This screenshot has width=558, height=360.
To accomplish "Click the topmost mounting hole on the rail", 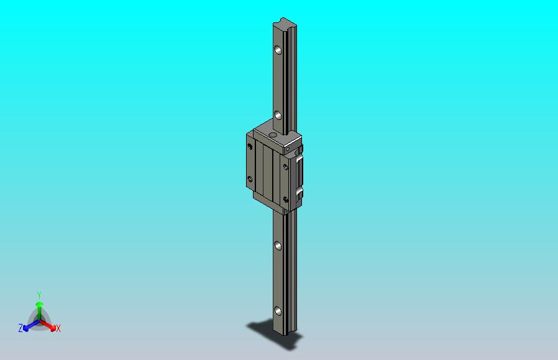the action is (x=278, y=50).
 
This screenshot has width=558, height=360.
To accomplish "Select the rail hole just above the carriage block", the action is (x=278, y=115).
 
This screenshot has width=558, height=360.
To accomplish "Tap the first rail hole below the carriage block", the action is (x=278, y=246).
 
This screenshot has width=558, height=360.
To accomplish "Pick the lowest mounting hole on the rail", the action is (x=278, y=312).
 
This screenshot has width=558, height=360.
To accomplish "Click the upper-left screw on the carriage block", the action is (x=250, y=146).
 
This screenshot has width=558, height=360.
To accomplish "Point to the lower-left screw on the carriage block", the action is (x=250, y=179).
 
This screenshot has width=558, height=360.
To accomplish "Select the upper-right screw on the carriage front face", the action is (x=285, y=167).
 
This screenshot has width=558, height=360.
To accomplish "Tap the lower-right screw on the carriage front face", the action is (x=285, y=200).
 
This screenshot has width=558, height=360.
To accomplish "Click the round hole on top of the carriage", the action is (x=273, y=134).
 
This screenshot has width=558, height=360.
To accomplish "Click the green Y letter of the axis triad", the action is (x=39, y=295).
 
